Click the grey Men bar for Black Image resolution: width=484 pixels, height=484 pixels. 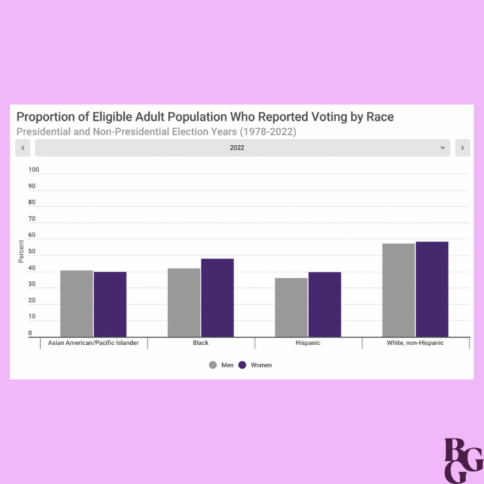click(184, 302)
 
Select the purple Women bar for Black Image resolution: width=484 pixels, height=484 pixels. click(217, 298)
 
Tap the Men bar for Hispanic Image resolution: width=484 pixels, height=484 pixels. click(291, 307)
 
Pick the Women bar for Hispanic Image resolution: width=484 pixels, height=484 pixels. click(324, 304)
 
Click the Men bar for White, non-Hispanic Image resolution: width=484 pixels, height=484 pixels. click(399, 290)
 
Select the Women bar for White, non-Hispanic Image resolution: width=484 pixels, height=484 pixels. click(432, 289)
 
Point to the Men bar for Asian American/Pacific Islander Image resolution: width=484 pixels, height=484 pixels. click(77, 304)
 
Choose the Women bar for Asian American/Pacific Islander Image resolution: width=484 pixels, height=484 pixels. click(110, 304)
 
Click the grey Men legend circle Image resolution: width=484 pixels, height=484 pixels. click(213, 365)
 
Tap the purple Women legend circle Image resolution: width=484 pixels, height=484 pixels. click(243, 365)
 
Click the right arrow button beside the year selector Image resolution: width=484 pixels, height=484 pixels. click(463, 148)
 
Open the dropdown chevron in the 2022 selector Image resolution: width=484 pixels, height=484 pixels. click(443, 148)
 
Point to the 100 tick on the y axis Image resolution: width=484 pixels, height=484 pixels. click(33, 170)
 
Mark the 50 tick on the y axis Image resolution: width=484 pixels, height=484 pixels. click(32, 252)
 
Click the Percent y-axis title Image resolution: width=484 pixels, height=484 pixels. click(21, 252)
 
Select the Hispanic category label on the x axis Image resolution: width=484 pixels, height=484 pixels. click(308, 343)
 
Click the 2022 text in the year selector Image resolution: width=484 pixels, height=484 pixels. click(237, 148)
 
